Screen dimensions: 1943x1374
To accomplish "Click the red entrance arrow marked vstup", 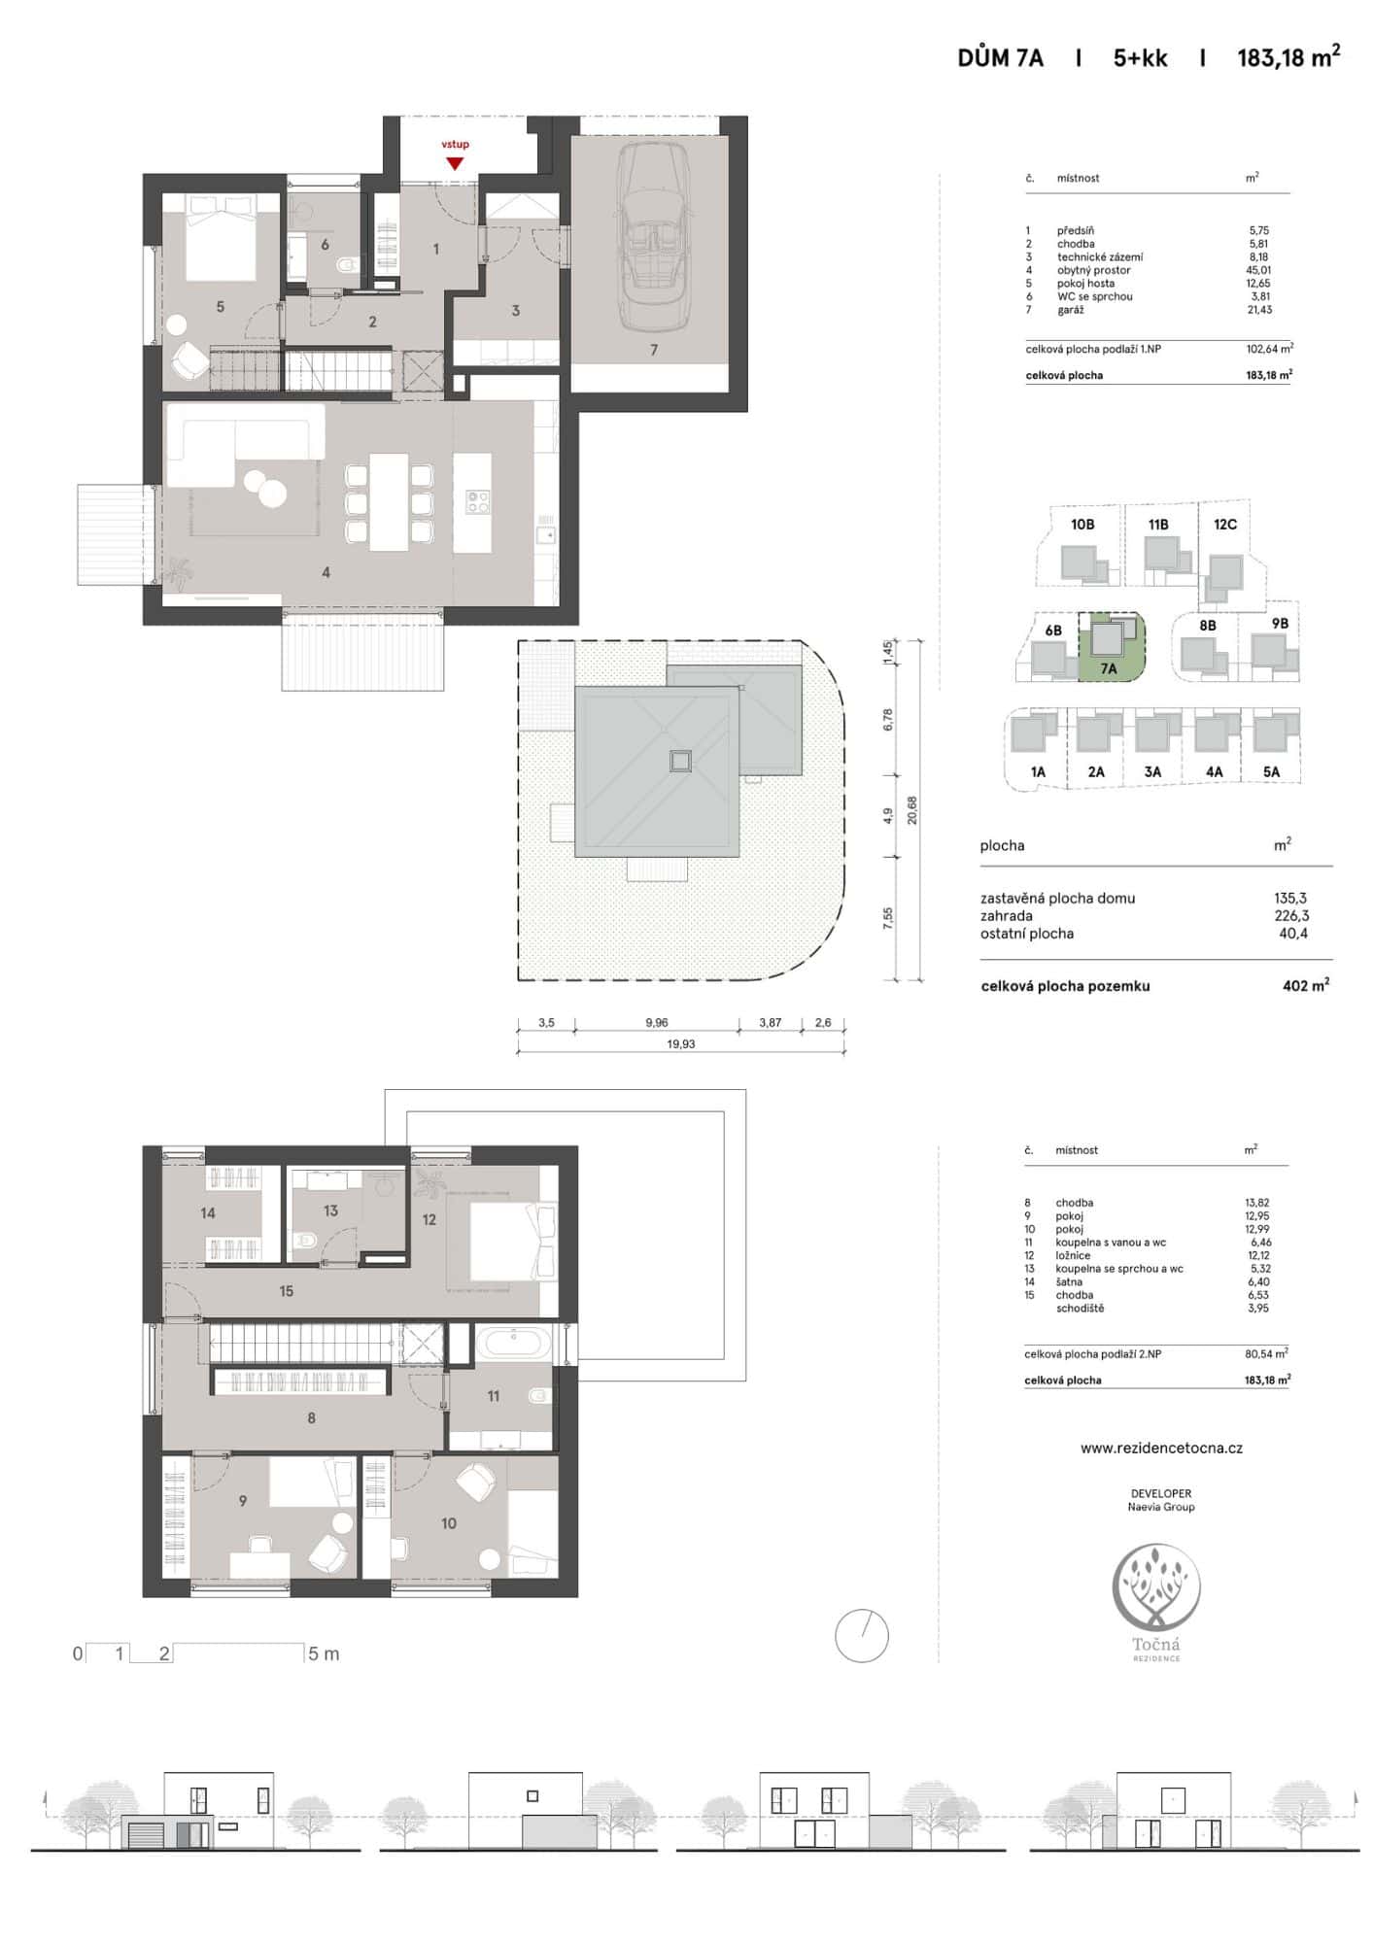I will [455, 163].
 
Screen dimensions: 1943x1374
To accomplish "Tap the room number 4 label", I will [326, 573].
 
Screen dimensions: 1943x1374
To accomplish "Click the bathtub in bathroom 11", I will [513, 1344].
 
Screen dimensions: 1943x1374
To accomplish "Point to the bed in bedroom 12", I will [501, 1241].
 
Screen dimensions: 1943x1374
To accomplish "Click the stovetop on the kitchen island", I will [477, 501].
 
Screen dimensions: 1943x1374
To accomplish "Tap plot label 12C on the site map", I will [1225, 525].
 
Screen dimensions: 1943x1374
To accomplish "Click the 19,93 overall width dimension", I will [681, 1044].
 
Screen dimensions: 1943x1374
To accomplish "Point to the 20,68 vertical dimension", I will [911, 810].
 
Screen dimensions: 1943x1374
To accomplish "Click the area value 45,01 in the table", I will [1258, 270].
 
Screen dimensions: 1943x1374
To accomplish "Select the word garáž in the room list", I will [1071, 310].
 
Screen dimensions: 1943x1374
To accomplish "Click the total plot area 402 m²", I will [1305, 985].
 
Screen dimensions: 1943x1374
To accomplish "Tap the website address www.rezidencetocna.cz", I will [1161, 1448].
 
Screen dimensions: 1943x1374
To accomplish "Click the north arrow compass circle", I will [862, 1636].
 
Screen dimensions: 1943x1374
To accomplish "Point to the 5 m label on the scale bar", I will [324, 1653].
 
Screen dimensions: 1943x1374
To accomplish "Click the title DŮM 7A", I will [1000, 58].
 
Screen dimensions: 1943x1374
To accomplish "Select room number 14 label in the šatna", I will [208, 1213].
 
